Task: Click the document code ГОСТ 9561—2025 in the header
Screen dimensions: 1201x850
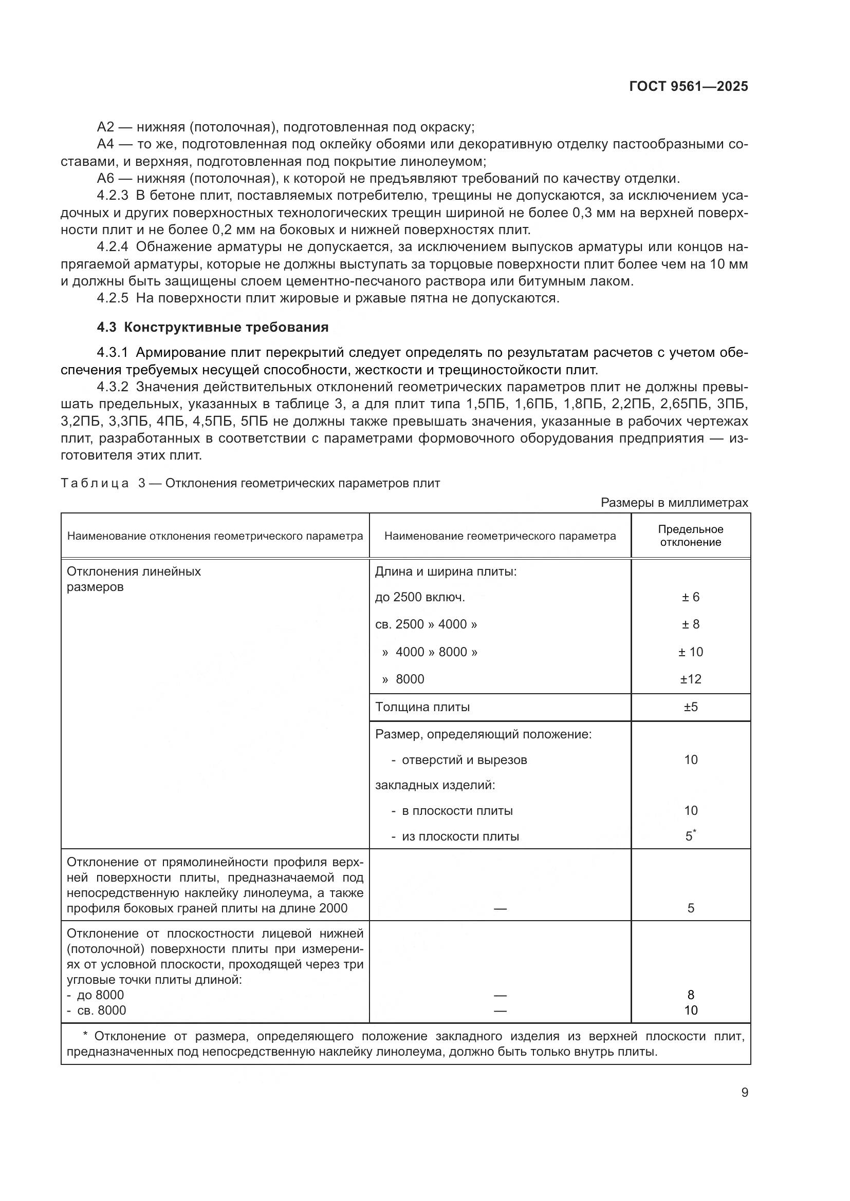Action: [688, 87]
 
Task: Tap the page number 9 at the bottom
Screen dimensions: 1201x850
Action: [744, 1093]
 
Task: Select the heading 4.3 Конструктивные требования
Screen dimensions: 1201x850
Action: [213, 328]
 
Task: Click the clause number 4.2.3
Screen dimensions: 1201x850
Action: [113, 196]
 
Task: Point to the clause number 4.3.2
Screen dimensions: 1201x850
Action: [113, 387]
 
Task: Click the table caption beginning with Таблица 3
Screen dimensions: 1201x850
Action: [250, 483]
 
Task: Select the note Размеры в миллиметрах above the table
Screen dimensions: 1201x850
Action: [674, 503]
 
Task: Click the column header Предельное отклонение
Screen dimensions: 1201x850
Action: [690, 536]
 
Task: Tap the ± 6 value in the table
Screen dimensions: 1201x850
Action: [690, 597]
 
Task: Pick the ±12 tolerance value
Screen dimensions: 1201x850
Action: [690, 679]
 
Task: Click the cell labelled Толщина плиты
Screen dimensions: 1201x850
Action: [422, 707]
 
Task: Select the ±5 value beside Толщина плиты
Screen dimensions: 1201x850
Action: [690, 707]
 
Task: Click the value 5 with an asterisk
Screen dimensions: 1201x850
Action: [690, 836]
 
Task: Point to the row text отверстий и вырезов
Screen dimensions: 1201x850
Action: [464, 759]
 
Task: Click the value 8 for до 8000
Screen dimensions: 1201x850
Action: [690, 995]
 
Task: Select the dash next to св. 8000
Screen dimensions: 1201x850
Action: [500, 1011]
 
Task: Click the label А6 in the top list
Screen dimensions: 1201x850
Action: [105, 178]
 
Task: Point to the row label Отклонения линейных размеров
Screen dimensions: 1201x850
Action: [134, 579]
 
